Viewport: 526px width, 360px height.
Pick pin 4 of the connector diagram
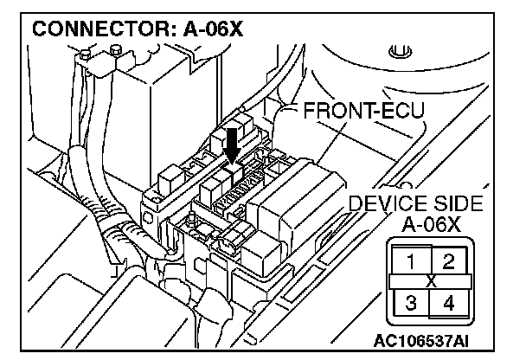[448, 304]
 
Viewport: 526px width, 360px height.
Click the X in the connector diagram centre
[432, 282]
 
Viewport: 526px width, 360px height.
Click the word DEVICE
[386, 204]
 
